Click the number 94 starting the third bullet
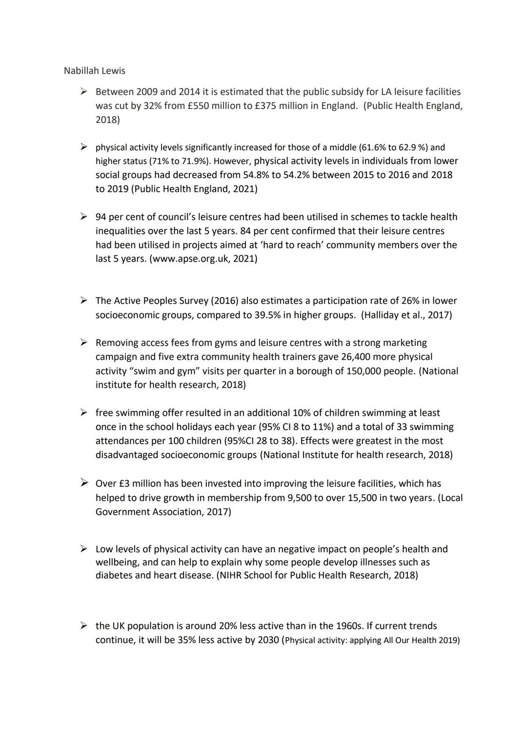point(101,217)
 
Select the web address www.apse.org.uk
point(191,259)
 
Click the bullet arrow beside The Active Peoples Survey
point(84,301)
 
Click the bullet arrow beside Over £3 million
point(84,483)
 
